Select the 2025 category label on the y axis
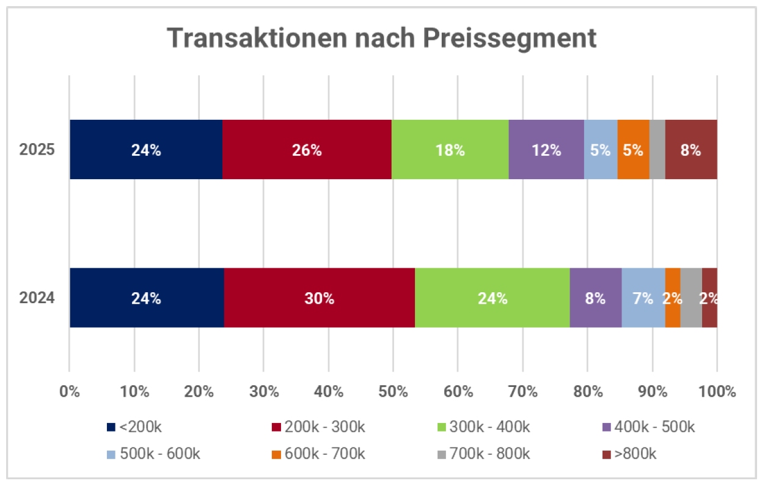coord(37,150)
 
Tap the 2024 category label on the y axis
coord(37,298)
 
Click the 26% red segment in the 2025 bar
coord(307,150)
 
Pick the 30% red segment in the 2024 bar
coord(320,298)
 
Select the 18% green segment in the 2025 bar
coord(450,150)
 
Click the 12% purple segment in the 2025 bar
coord(546,150)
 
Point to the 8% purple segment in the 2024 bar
coord(596,298)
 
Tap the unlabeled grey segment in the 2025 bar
coord(657,150)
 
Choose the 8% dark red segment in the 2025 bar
coord(691,150)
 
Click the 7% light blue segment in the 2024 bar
coord(643,298)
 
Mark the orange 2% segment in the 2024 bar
coord(673,298)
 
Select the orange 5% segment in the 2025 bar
coord(634,150)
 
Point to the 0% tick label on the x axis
coord(70,391)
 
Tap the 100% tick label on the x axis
coord(716,391)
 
